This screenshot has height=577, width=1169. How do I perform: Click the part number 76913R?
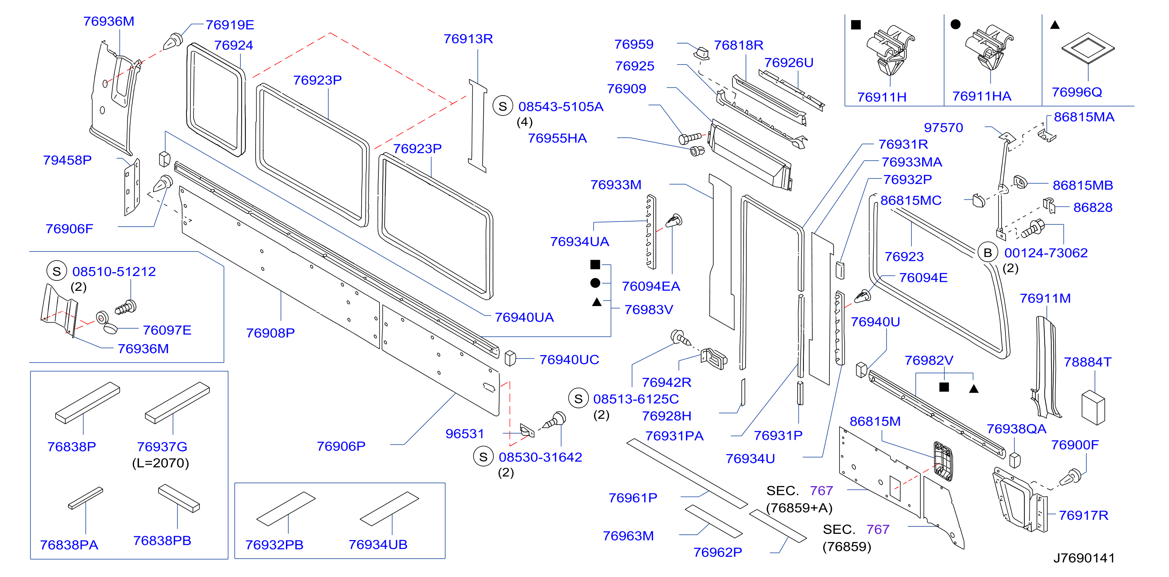[x=468, y=38]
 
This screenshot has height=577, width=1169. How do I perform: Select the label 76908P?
[x=270, y=333]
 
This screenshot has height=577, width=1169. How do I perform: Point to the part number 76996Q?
[x=1077, y=92]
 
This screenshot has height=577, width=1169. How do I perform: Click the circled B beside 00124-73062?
[x=988, y=253]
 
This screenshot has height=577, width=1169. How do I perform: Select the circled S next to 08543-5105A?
[x=502, y=106]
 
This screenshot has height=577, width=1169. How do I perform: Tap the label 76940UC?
[x=569, y=360]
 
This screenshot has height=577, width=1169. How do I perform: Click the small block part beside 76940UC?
[x=510, y=358]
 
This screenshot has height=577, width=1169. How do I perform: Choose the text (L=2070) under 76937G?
[x=160, y=463]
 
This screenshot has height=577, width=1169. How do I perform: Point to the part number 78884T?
[x=1087, y=362]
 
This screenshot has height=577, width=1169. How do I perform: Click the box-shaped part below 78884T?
[x=1093, y=407]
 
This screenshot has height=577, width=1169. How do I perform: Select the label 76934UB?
[x=378, y=544]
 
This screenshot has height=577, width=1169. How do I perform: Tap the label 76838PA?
[x=69, y=545]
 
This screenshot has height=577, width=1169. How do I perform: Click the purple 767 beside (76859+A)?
[x=821, y=491]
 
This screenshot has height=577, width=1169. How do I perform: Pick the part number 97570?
[x=943, y=128]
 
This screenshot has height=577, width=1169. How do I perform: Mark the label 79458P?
[x=67, y=160]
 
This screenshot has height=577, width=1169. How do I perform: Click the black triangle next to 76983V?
[x=597, y=302]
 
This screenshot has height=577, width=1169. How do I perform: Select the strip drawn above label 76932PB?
[x=286, y=509]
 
